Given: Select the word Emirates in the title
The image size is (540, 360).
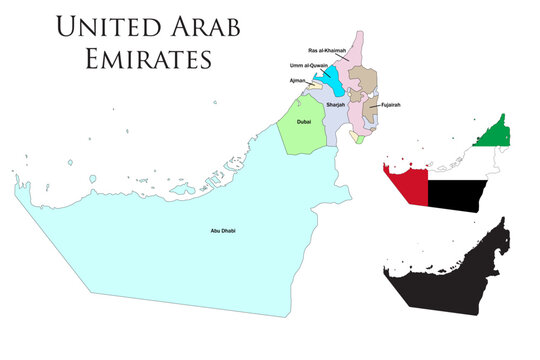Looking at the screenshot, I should click(x=133, y=57).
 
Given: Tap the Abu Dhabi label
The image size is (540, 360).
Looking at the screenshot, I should click(x=222, y=232).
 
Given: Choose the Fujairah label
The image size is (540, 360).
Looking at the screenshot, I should click(x=390, y=104).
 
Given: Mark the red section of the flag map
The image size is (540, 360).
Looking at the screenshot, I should click(x=405, y=186).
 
